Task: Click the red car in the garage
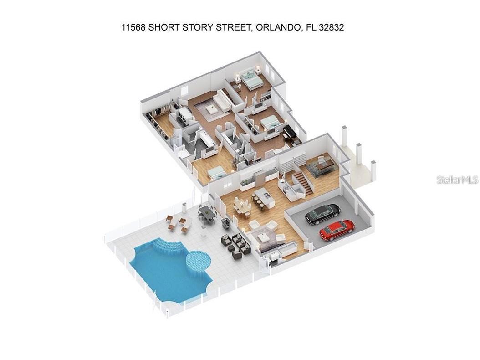pos(337,230)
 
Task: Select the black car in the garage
pos(322,213)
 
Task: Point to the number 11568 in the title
pos(133,27)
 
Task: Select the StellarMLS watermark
pos(457,180)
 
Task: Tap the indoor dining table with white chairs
pos(242,207)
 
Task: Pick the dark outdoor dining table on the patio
pos(208,213)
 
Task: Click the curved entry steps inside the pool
pos(169,246)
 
